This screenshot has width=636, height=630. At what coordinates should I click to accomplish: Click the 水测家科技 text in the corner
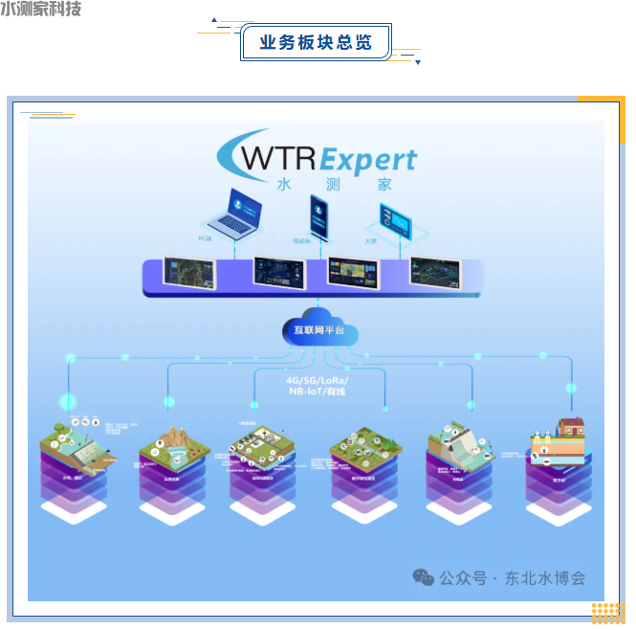pyautogui.click(x=41, y=10)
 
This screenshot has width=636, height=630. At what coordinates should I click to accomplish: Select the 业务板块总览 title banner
pyautogui.click(x=316, y=43)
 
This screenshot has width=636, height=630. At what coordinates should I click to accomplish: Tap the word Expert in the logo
pyautogui.click(x=368, y=159)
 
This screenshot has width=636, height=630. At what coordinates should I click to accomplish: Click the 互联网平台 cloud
pyautogui.click(x=319, y=329)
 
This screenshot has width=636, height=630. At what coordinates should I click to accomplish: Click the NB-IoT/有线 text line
pyautogui.click(x=318, y=393)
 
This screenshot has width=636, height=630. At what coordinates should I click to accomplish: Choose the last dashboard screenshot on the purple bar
pyautogui.click(x=435, y=273)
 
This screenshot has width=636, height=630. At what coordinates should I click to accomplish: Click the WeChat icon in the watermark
pyautogui.click(x=422, y=577)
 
